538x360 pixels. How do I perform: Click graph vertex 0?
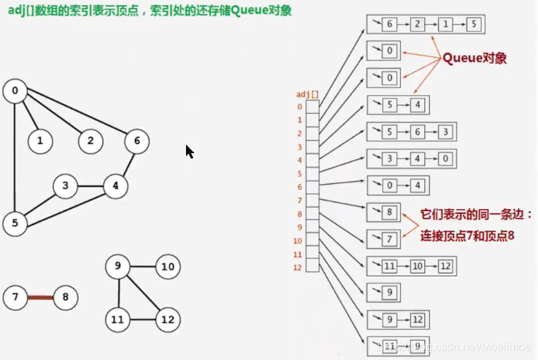(x=14, y=91)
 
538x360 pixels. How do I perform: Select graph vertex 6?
(x=136, y=141)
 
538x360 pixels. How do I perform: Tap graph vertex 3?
(x=65, y=187)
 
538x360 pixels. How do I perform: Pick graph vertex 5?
(x=14, y=223)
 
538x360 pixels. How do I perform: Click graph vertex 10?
(x=167, y=268)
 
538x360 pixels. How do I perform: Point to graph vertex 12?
(x=167, y=318)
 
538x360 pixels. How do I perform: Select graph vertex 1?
(x=40, y=141)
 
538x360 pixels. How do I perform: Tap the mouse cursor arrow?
(x=189, y=151)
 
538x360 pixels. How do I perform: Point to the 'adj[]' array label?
(x=308, y=94)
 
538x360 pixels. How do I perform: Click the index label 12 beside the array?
(x=298, y=267)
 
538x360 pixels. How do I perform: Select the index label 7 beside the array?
(x=300, y=200)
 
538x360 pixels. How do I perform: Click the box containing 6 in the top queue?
(x=390, y=24)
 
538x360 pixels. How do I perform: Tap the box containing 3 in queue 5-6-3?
(x=445, y=132)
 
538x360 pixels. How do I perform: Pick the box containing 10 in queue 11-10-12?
(x=418, y=266)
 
